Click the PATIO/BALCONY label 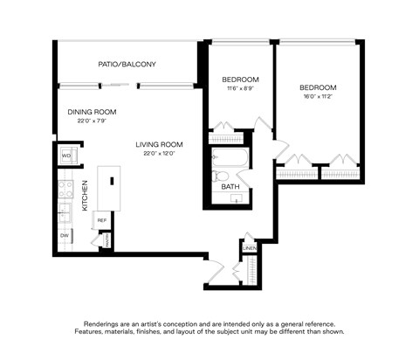127,64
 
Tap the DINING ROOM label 92,112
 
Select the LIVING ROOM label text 159,144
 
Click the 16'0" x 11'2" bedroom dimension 318,97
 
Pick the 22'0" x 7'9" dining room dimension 92,121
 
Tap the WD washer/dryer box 66,157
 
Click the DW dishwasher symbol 65,236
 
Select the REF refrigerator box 101,220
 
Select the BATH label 230,187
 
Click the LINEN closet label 249,248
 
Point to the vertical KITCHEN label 85,196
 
